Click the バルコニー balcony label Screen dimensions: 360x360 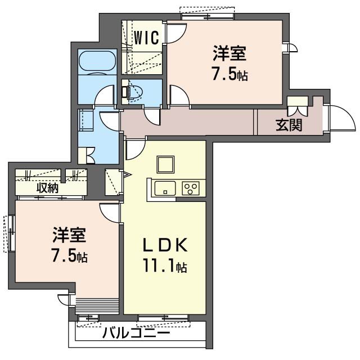[136, 333]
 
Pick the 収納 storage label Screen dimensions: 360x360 [48, 188]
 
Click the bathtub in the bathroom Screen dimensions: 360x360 [97, 62]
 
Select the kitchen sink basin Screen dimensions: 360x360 [165, 188]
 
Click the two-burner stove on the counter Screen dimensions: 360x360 [191, 188]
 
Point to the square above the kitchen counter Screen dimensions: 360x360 [166, 164]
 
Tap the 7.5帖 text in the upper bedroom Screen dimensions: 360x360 [229, 75]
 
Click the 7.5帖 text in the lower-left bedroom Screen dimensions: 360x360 [69, 256]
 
